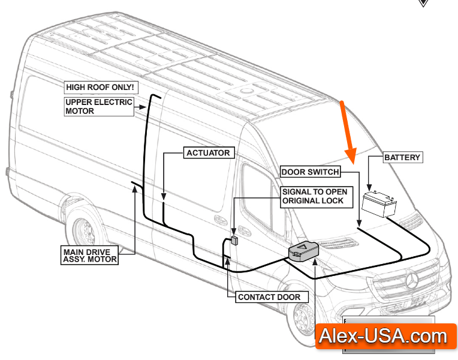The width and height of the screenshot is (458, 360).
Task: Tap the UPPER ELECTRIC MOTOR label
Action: tap(98, 106)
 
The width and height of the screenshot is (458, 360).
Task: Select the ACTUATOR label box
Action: tap(208, 153)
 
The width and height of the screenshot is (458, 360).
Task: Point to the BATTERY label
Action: tap(402, 158)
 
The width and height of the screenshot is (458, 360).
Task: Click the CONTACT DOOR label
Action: tap(269, 297)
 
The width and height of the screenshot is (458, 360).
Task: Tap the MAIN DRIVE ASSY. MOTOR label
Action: tap(90, 255)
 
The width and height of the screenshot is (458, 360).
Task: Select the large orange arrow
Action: tap(347, 132)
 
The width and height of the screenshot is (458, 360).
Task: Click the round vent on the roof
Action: tap(246, 91)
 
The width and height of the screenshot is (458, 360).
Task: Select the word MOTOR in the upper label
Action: tap(80, 111)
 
